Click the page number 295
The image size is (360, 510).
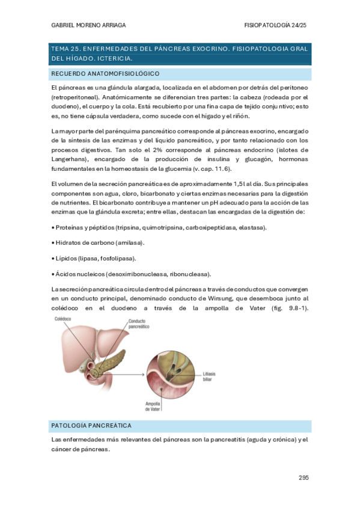pyautogui.click(x=303, y=478)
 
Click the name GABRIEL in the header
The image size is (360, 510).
pyautogui.click(x=65, y=25)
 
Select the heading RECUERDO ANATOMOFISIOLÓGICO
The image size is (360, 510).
pyautogui.click(x=105, y=73)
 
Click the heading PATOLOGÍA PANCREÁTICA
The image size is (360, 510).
pyautogui.click(x=91, y=426)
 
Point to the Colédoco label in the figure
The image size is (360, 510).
pyautogui.click(x=64, y=318)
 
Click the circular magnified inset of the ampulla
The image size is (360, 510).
pyautogui.click(x=172, y=376)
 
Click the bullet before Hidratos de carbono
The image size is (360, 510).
pyautogui.click(x=53, y=242)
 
